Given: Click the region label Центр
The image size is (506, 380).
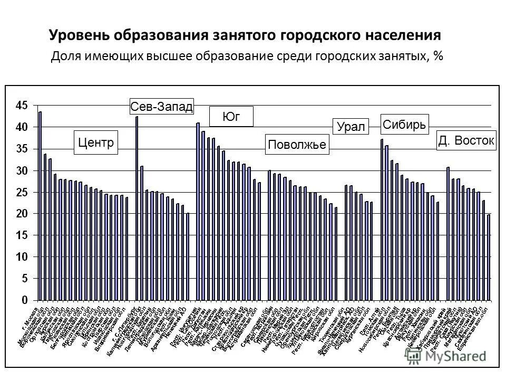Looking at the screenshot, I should point(96,142).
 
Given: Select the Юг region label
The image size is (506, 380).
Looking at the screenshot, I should point(231,117).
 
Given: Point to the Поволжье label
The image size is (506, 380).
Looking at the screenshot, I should point(297,145).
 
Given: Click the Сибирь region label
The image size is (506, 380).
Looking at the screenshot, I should point(405,125).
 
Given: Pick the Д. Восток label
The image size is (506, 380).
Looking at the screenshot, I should point(466,141).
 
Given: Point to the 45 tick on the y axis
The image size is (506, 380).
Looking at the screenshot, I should point(21,106).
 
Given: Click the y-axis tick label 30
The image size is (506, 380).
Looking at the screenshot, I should point(21,170).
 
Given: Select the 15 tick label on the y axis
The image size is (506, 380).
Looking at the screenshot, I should point(21,235).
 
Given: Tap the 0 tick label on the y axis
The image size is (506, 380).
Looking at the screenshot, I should point(24,300).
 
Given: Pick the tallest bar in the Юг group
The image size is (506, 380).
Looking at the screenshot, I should point(198,211).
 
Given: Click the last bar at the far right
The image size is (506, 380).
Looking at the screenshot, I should point(489,258).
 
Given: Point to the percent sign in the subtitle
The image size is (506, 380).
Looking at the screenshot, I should point(438,56).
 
